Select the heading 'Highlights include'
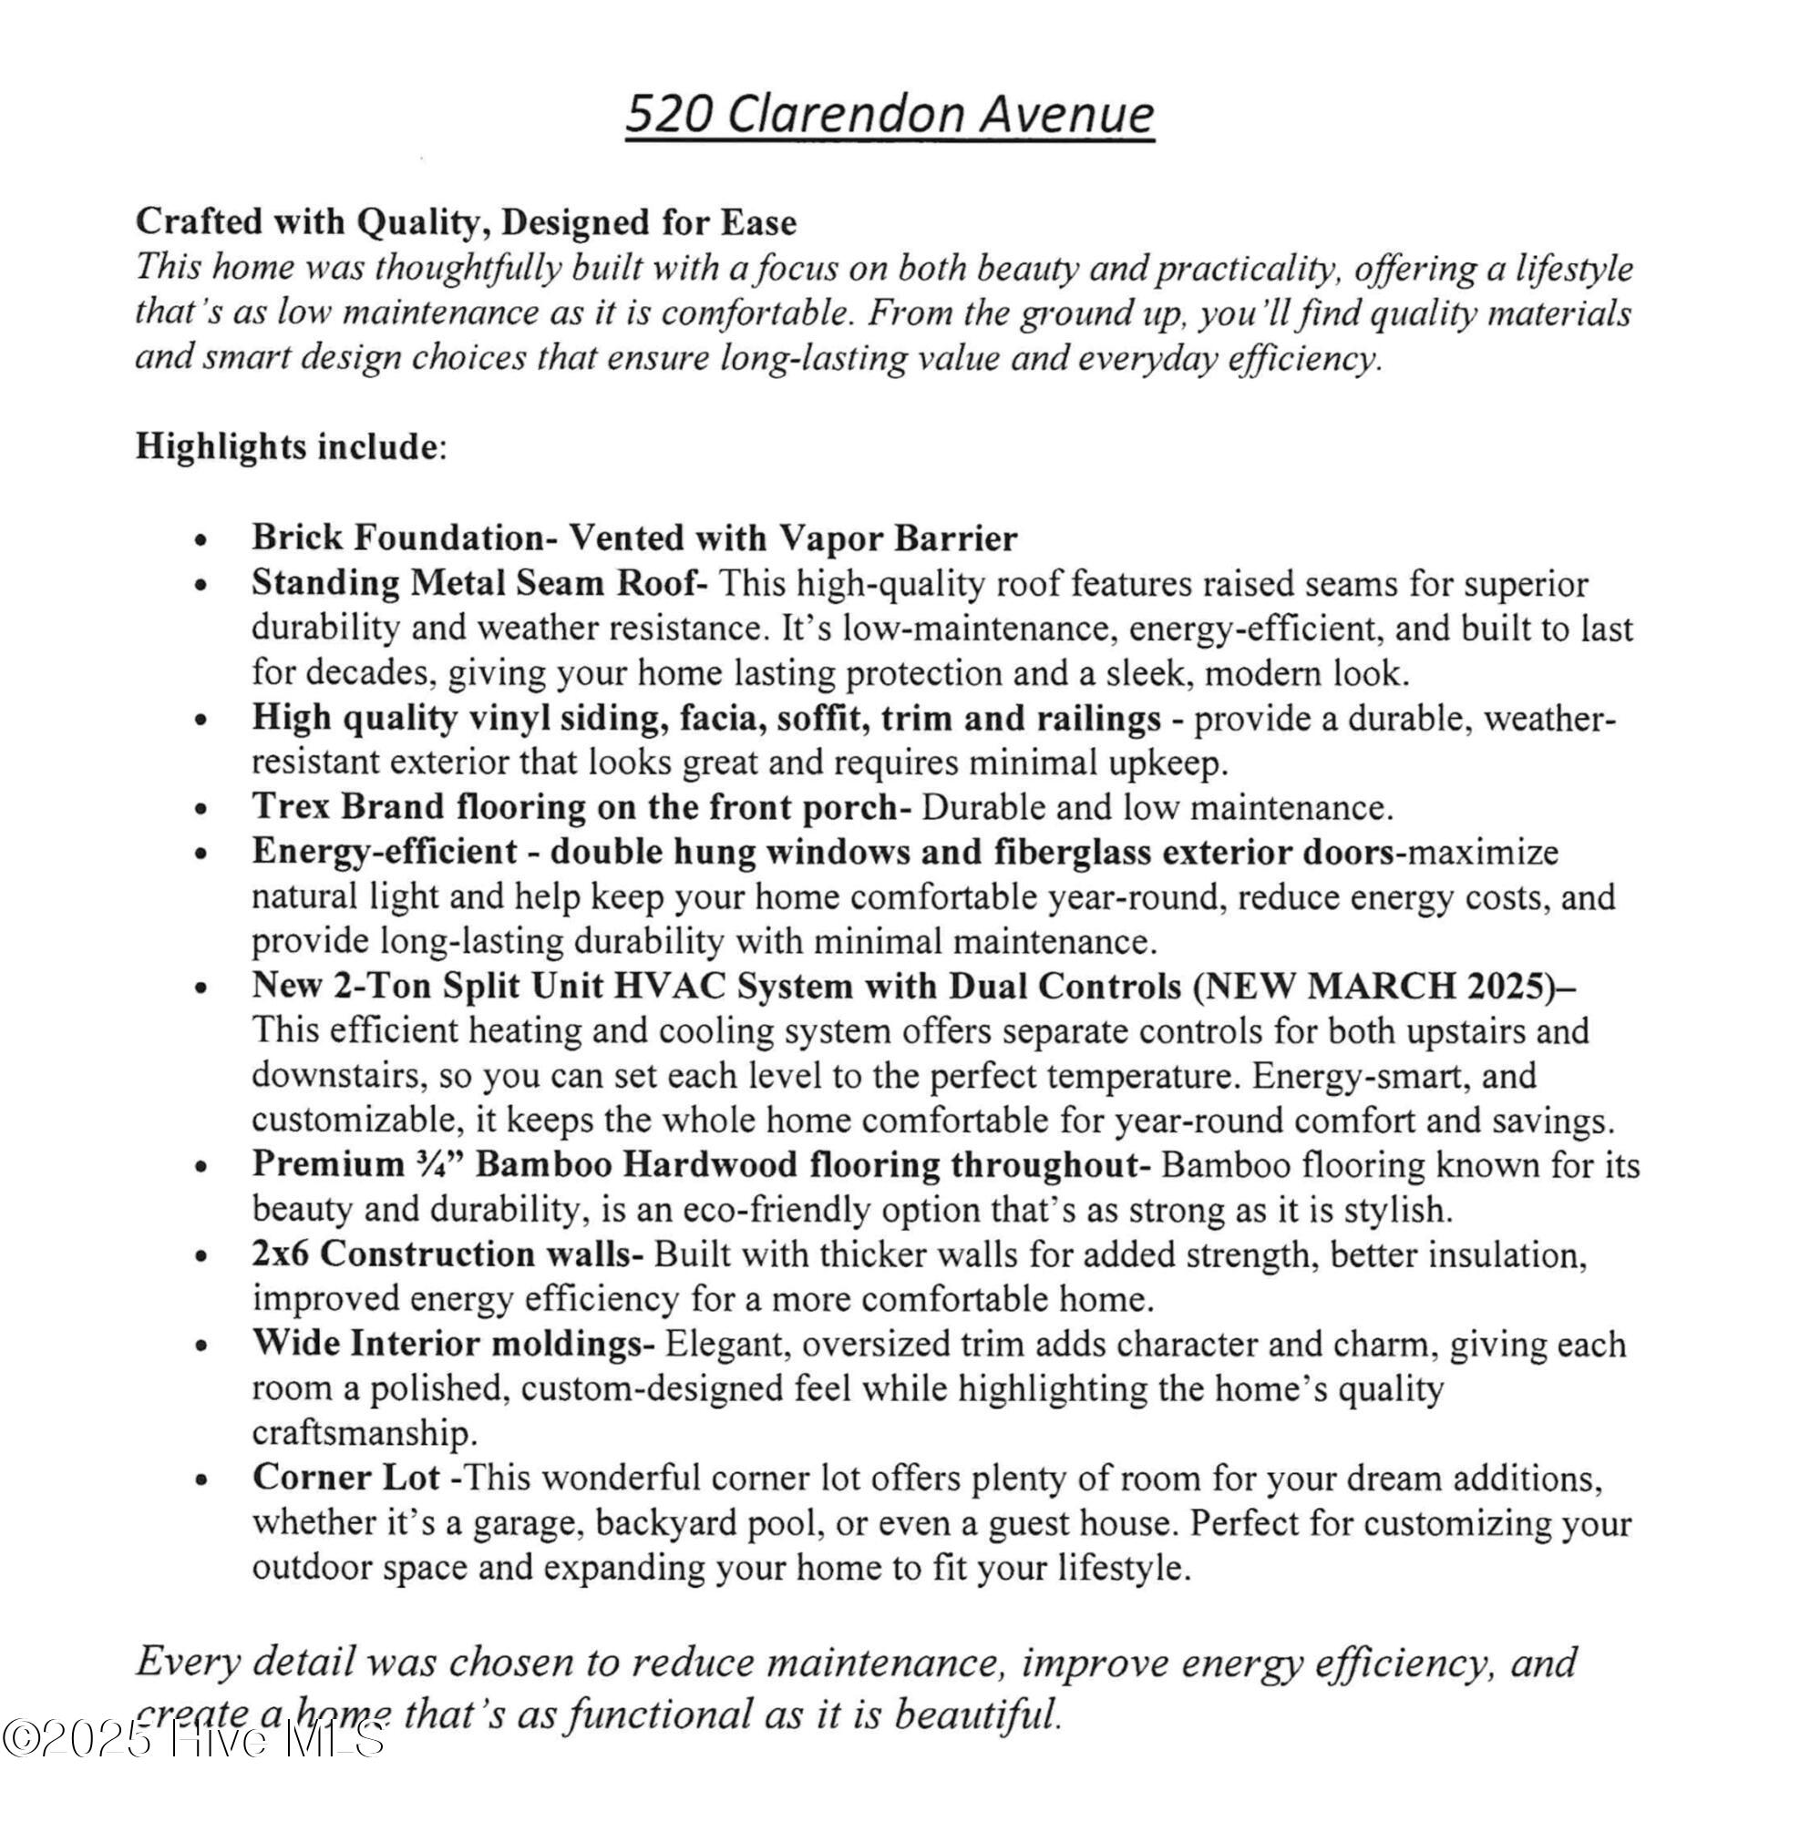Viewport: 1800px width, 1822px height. (x=287, y=446)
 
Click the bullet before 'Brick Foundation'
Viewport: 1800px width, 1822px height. (x=200, y=541)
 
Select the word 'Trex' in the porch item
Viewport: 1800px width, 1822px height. (x=291, y=807)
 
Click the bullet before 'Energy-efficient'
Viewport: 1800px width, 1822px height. (x=200, y=855)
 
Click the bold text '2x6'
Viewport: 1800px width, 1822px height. (x=281, y=1254)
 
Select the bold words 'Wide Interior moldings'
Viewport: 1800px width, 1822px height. (x=452, y=1344)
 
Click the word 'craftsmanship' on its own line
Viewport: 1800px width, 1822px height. (x=365, y=1433)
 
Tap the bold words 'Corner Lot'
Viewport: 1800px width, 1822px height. (x=345, y=1478)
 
